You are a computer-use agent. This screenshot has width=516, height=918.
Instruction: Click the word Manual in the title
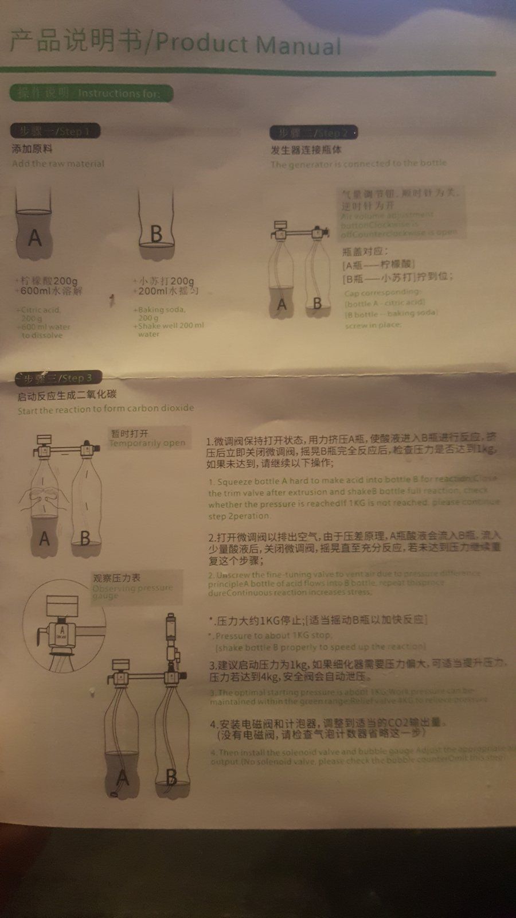pyautogui.click(x=298, y=46)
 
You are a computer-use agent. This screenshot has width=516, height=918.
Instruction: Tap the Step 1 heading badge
pyautogui.click(x=55, y=131)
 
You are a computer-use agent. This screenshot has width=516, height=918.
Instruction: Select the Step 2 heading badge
pyautogui.click(x=314, y=134)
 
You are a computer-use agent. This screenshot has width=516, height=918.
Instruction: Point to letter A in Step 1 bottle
pyautogui.click(x=34, y=237)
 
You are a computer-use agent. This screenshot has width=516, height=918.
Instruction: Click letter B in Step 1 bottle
pyautogui.click(x=156, y=234)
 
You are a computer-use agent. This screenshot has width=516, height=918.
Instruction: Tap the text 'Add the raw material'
pyautogui.click(x=58, y=164)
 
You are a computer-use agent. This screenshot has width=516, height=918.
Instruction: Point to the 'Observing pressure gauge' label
pyautogui.click(x=133, y=588)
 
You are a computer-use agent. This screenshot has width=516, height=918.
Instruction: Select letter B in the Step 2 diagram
pyautogui.click(x=317, y=304)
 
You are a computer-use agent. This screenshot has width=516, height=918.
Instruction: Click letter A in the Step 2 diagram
pyautogui.click(x=282, y=304)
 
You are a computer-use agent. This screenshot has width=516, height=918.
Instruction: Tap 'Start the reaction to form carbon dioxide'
pyautogui.click(x=105, y=410)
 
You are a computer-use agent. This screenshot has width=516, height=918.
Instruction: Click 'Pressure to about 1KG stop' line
pyautogui.click(x=274, y=636)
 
